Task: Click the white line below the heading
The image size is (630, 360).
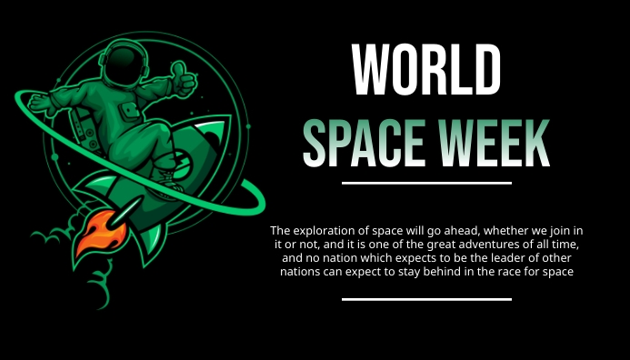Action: [x=426, y=183]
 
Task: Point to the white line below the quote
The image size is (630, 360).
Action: [x=426, y=298]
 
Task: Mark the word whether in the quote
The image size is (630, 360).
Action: [x=505, y=230]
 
